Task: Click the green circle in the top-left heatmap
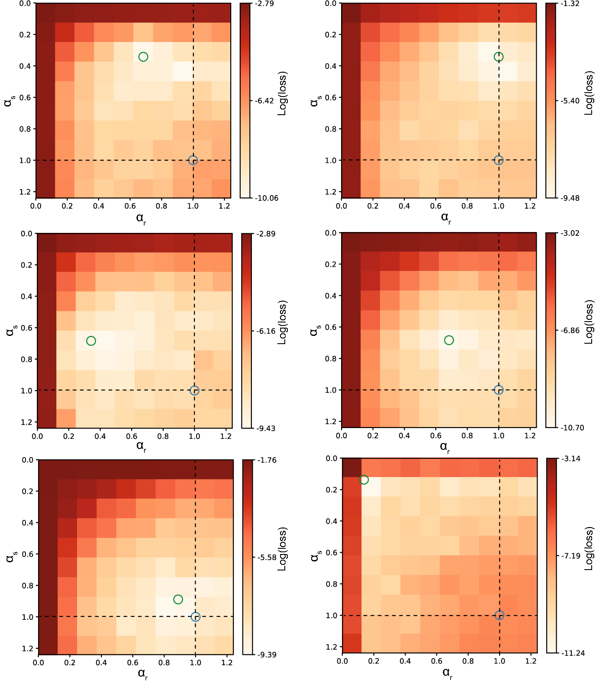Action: [x=143, y=57]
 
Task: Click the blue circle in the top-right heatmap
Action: [x=499, y=160]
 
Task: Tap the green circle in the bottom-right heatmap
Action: [x=364, y=480]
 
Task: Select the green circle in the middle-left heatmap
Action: [x=91, y=341]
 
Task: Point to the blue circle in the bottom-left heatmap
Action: [x=196, y=617]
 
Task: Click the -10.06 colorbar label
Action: [x=267, y=198]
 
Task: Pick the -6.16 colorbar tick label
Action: [x=266, y=331]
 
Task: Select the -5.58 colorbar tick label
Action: [x=267, y=557]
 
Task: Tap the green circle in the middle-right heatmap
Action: [x=449, y=340]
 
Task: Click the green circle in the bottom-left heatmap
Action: [x=178, y=599]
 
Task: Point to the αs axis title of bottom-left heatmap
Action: [x=10, y=557]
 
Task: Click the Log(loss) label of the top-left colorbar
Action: [x=282, y=93]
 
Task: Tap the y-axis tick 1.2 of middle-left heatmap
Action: [x=27, y=422]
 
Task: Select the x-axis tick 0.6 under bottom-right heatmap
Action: [x=437, y=661]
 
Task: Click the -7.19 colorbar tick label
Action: [x=571, y=556]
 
